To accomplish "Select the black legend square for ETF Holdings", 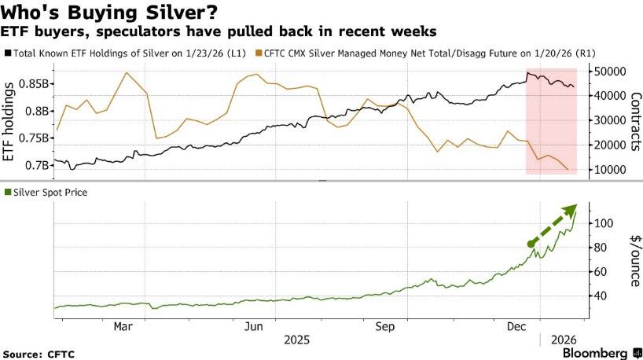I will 7,53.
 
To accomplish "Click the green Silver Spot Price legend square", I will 7,192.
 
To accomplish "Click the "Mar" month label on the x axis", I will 123,325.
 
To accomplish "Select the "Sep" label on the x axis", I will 385,325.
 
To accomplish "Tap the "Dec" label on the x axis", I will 516,325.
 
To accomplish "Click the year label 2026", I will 562,340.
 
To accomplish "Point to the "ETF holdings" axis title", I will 10,123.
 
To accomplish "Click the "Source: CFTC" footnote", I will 39,354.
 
